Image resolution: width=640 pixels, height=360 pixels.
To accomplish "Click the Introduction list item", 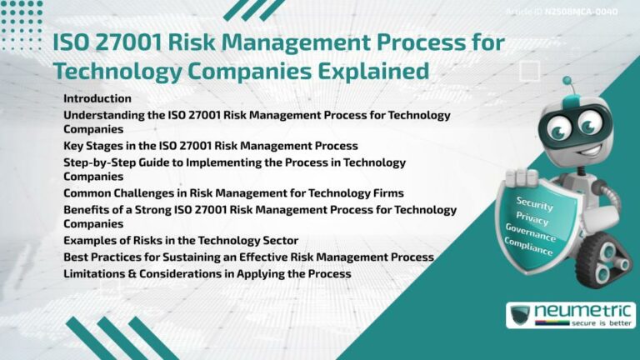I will (x=97, y=98).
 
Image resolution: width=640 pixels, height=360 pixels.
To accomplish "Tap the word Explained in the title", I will (x=380, y=71).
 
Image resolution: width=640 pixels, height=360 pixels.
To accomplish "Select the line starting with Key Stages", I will (x=211, y=145).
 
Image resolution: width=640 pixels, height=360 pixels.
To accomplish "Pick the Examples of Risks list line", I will (x=181, y=241).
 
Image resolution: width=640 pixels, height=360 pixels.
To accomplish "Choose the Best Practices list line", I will (x=248, y=257).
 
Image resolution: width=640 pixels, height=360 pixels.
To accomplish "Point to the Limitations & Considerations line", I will (x=207, y=273).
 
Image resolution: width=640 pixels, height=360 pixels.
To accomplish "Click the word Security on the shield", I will (x=534, y=202).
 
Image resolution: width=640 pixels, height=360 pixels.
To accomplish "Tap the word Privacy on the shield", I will (x=532, y=217).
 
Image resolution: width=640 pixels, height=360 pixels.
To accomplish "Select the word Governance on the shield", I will (x=531, y=233).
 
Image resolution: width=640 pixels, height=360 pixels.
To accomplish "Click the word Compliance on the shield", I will (x=528, y=247).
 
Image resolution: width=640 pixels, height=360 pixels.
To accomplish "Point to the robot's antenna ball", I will (x=567, y=82).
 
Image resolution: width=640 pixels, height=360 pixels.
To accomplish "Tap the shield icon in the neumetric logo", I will (x=522, y=315).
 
